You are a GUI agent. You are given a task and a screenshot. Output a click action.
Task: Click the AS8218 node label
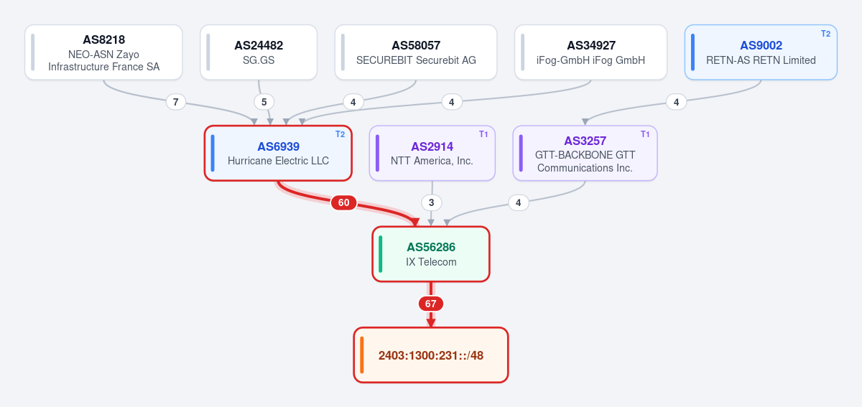click(x=104, y=39)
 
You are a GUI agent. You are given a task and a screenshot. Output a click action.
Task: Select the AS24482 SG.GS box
click(x=259, y=52)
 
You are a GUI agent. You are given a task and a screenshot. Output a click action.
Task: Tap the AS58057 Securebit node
click(x=416, y=52)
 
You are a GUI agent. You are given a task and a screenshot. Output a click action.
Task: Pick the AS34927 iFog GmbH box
click(x=590, y=52)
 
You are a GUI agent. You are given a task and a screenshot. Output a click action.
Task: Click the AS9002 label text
click(x=761, y=45)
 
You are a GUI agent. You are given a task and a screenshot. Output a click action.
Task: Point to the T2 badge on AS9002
click(x=826, y=34)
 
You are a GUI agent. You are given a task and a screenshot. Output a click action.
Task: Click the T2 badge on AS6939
click(x=340, y=134)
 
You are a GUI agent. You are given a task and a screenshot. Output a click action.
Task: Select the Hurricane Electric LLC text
click(x=278, y=161)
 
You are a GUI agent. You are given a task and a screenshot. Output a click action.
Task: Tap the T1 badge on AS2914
click(x=483, y=134)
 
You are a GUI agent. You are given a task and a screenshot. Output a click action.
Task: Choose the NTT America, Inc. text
click(x=432, y=161)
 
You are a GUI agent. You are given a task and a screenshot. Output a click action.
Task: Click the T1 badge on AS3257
click(x=645, y=134)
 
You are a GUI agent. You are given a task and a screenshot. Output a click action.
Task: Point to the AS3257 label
click(x=585, y=141)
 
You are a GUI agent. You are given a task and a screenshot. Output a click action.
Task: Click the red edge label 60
click(x=343, y=202)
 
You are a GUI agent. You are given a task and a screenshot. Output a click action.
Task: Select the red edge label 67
click(x=430, y=304)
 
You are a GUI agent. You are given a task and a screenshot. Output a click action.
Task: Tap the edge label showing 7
click(x=176, y=102)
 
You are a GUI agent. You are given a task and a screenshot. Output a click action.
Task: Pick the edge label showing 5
click(x=264, y=102)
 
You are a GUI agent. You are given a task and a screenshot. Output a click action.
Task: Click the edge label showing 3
click(x=432, y=202)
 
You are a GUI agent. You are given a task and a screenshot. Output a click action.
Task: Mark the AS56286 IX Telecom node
click(x=431, y=254)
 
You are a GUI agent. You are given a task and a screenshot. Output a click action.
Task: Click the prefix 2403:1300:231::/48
click(x=431, y=355)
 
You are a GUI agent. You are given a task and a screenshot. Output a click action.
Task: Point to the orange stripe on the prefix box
click(x=362, y=355)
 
